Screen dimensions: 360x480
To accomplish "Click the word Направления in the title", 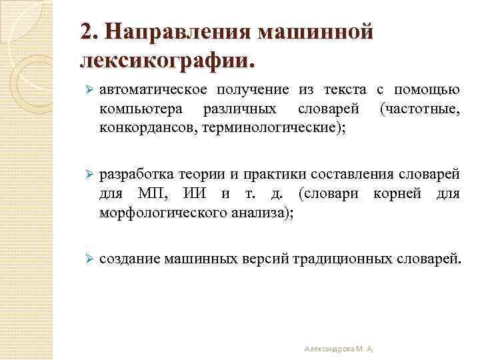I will [x=176, y=32].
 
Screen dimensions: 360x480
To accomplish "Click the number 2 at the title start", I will [x=85, y=32].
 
